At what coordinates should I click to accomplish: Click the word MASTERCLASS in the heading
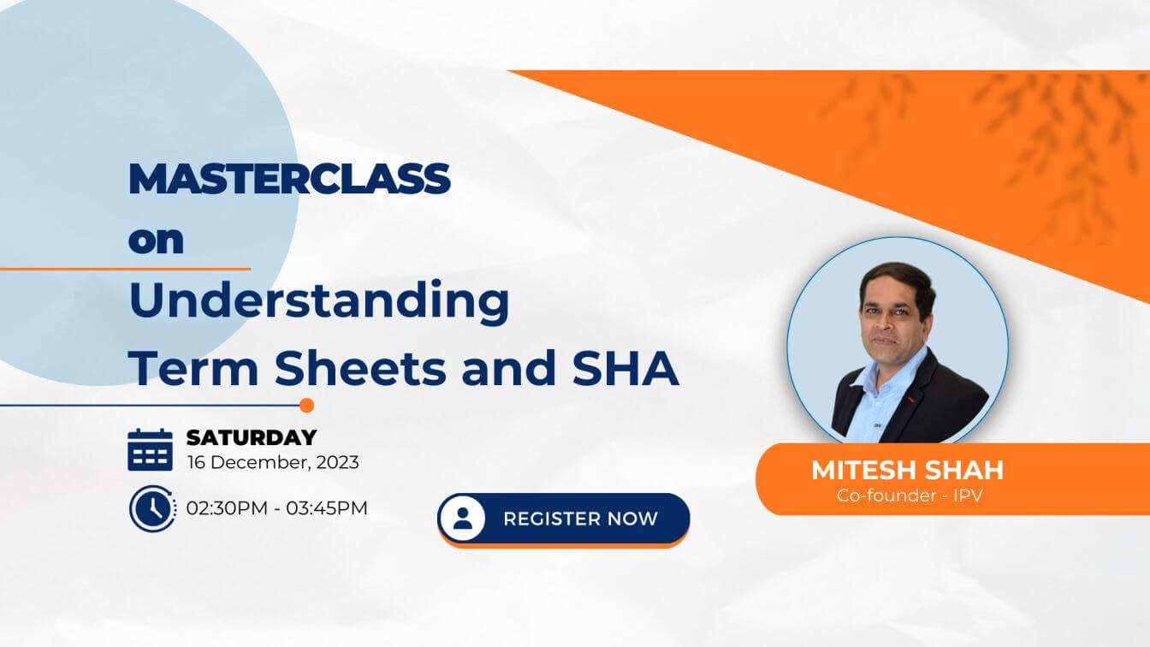289,179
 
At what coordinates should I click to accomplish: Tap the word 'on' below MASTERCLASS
156,240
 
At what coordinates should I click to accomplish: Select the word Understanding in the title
319,303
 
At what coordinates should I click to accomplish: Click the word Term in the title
193,368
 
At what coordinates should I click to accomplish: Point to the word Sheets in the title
360,368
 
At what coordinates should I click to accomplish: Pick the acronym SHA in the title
625,368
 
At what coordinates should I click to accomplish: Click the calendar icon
150,450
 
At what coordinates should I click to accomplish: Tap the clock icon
152,508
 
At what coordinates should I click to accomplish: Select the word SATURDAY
252,437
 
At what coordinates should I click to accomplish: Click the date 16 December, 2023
273,463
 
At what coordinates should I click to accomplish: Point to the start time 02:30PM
227,508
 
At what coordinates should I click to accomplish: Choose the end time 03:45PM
327,508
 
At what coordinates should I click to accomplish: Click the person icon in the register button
463,518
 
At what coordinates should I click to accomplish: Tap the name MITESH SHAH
907,470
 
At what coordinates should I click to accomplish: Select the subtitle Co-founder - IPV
910,496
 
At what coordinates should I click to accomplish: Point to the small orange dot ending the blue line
306,405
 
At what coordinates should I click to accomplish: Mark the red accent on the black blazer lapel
912,400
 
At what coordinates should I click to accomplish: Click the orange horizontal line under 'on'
125,269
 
